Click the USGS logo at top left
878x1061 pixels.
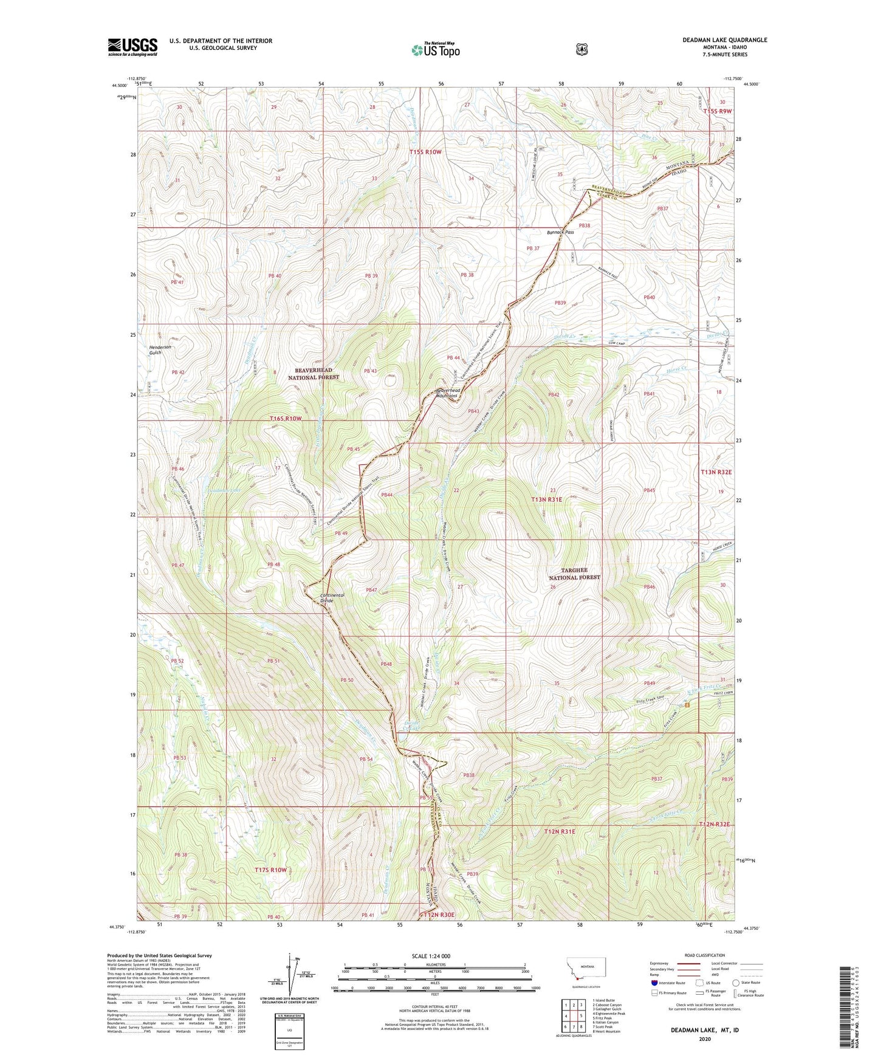coord(132,47)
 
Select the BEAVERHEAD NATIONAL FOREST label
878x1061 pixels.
coord(314,373)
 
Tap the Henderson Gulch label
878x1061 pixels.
coord(160,350)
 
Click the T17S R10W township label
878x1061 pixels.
coord(270,870)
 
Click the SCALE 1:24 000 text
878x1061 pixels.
coord(431,956)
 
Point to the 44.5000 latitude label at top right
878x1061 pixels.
coord(752,85)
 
